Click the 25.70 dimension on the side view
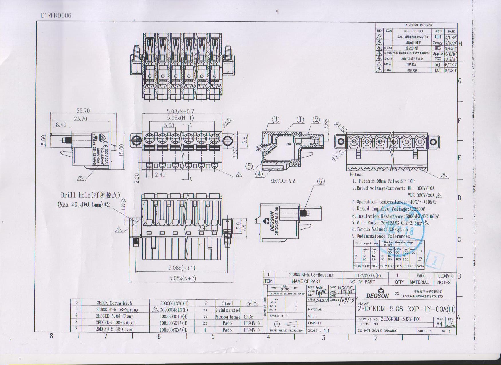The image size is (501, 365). (83, 111)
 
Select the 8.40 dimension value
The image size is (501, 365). (61, 125)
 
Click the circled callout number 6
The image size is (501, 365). (321, 181)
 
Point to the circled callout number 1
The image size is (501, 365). (300, 120)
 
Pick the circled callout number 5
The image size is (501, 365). (249, 166)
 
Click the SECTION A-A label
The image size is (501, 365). (283, 181)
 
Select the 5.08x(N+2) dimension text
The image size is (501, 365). (182, 278)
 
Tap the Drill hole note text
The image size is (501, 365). (90, 195)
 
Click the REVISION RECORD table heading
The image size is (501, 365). (418, 25)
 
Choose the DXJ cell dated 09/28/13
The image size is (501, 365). (437, 70)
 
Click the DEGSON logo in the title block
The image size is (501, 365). (378, 293)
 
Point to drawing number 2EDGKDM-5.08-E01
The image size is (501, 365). (401, 319)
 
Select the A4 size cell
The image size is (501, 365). (439, 324)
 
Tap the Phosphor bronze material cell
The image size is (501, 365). (228, 317)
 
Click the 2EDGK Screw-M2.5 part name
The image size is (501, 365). (114, 303)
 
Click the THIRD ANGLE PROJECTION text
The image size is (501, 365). (286, 330)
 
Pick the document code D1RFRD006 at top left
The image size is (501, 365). (56, 15)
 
